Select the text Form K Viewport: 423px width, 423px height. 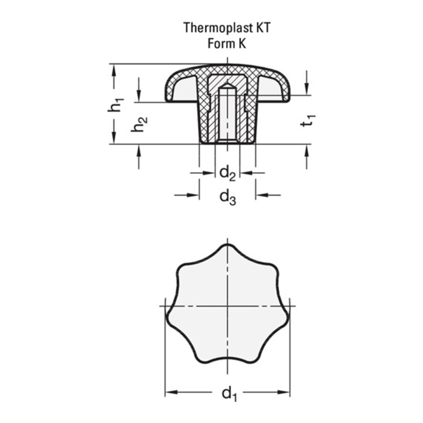click(x=226, y=42)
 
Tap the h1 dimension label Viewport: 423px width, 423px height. click(x=117, y=104)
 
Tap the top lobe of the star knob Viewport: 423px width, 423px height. click(x=227, y=250)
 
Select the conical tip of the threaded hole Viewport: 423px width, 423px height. click(x=227, y=88)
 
